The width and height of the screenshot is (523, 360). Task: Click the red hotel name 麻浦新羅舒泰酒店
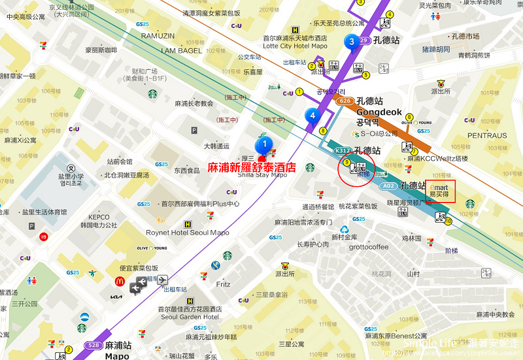[x=252, y=167]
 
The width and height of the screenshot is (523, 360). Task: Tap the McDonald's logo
[x=120, y=282]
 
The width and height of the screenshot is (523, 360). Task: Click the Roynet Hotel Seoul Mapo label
[x=187, y=233]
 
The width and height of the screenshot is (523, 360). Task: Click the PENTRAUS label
[x=486, y=136]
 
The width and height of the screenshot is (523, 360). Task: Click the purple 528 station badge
[x=93, y=345]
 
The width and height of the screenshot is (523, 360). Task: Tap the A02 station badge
[x=390, y=186]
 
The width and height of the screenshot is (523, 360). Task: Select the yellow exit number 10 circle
[x=448, y=221]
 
